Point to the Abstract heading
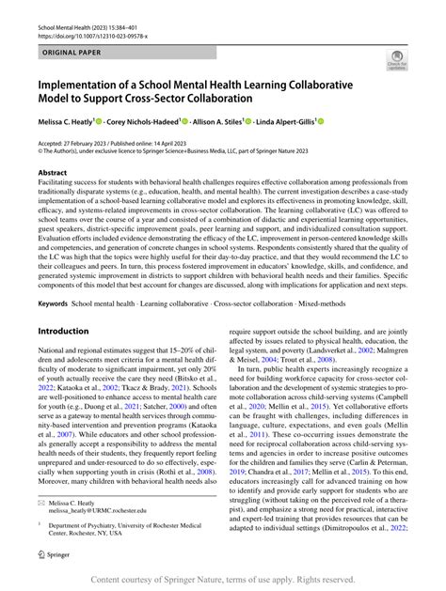[x=52, y=173]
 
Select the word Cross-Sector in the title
[x=186, y=98]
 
